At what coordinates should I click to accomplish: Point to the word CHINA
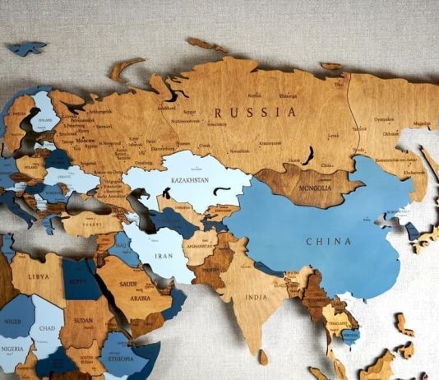[x=328, y=241]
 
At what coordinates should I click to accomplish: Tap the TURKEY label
[x=90, y=223]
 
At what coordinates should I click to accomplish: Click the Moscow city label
[x=85, y=141]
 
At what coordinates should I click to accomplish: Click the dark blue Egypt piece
[x=80, y=280]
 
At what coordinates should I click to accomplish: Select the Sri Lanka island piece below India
[x=262, y=357]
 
